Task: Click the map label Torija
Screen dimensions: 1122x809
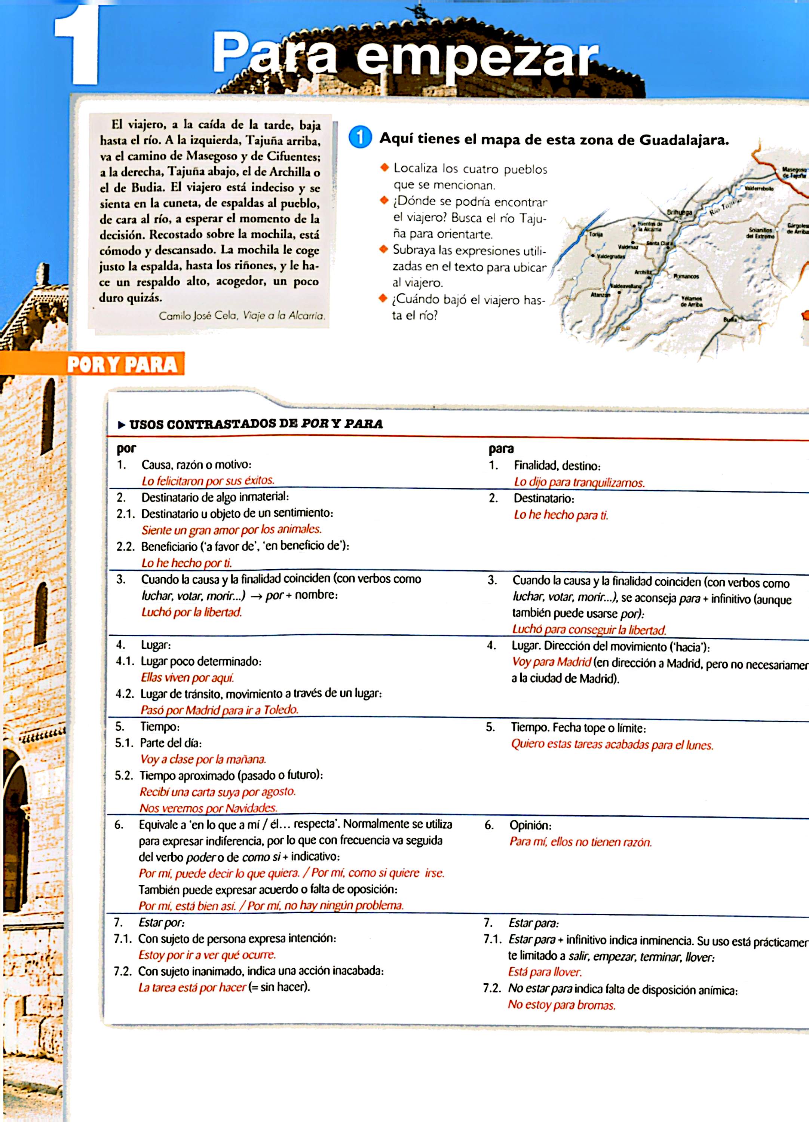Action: [596, 234]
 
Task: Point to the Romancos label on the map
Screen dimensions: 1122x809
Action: [686, 276]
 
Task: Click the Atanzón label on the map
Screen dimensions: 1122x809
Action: [601, 294]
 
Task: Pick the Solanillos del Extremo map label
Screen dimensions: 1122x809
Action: [760, 233]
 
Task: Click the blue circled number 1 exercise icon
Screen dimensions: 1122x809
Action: [360, 138]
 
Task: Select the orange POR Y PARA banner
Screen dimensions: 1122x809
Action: [121, 364]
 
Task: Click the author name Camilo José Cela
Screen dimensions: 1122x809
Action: [198, 316]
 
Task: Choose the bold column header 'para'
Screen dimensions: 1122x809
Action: [501, 449]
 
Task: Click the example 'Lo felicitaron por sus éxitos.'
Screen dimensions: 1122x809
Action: [208, 480]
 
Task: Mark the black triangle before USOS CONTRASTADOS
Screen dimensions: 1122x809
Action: [121, 424]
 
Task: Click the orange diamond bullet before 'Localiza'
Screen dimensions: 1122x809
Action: [384, 168]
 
